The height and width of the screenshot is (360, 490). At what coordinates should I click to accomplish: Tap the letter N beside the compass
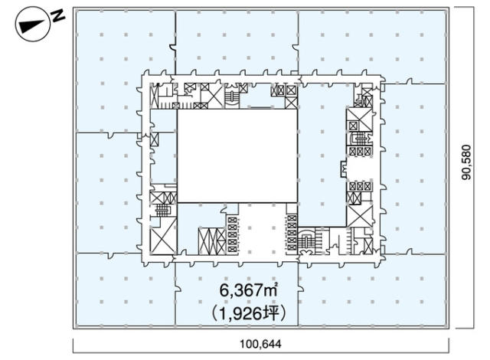click(58, 16)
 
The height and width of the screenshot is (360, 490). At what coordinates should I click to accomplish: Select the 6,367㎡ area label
click(248, 290)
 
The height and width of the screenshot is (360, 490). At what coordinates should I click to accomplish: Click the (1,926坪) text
click(248, 313)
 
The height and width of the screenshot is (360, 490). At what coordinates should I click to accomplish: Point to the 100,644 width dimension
click(260, 344)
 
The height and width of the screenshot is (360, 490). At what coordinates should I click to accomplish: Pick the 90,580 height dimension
click(467, 162)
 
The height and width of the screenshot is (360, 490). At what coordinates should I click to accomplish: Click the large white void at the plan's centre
click(237, 155)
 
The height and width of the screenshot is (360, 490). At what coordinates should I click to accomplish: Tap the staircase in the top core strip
click(232, 96)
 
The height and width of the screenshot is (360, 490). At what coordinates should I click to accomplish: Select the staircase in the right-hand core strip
click(361, 139)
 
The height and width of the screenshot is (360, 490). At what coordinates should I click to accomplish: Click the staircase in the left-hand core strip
click(162, 211)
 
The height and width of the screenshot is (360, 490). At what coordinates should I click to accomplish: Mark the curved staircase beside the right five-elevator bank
click(306, 241)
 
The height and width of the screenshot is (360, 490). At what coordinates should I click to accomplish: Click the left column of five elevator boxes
click(232, 234)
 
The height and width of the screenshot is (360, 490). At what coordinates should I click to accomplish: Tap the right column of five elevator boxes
click(292, 233)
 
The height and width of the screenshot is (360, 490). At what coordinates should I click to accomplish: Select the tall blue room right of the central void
click(322, 155)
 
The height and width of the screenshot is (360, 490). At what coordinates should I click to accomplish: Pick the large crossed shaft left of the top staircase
click(213, 97)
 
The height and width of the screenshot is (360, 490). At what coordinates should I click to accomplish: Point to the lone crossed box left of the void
click(155, 139)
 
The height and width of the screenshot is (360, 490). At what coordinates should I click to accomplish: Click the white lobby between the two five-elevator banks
click(262, 229)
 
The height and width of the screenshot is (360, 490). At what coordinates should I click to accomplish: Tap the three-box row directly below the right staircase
click(361, 151)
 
